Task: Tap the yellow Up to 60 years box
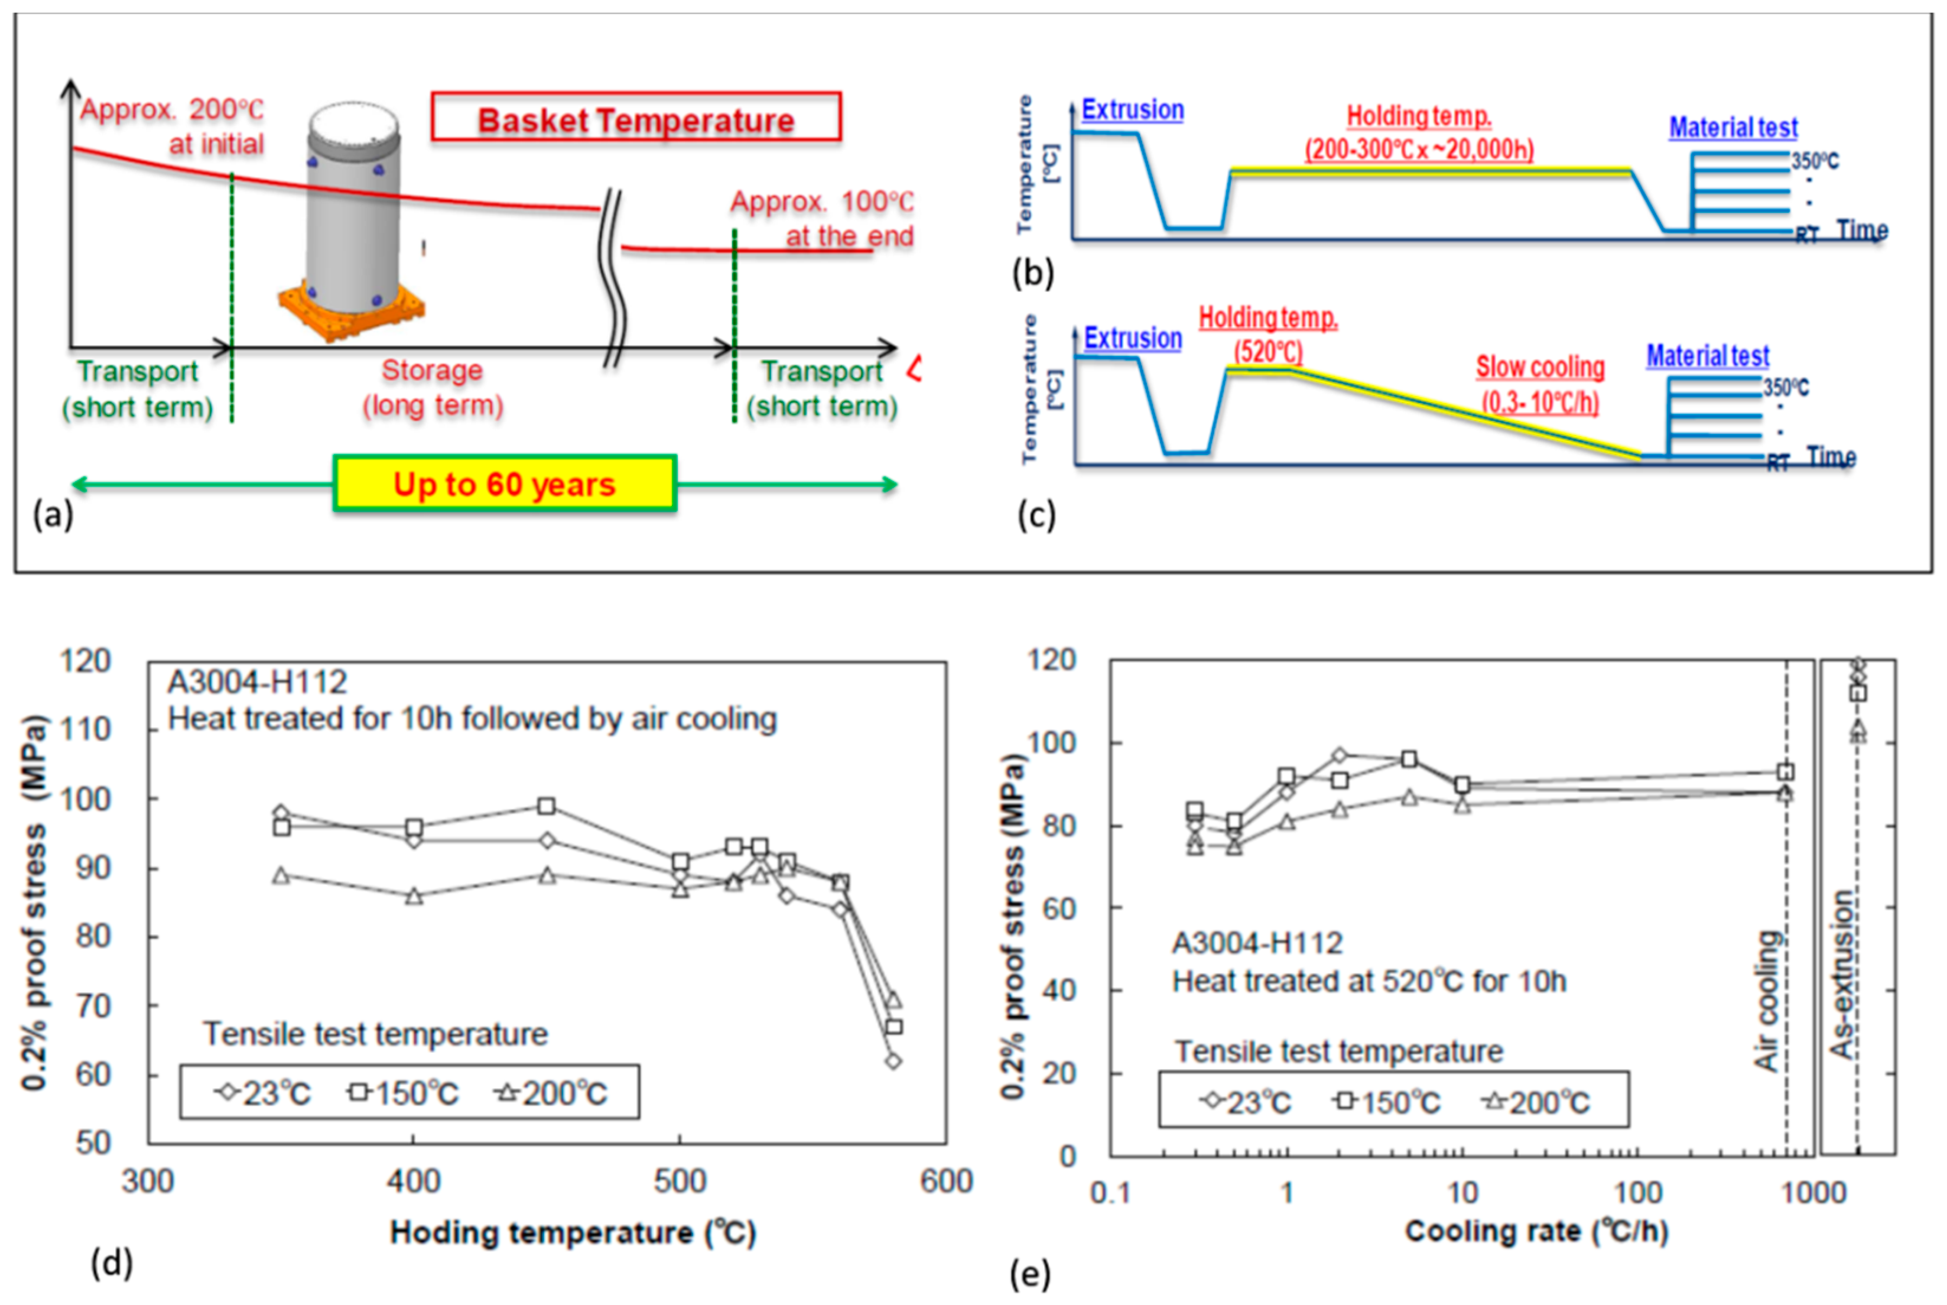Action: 504,483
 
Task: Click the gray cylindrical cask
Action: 353,208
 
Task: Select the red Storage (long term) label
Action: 433,388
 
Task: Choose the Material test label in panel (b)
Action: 1733,127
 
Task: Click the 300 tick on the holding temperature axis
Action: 148,1182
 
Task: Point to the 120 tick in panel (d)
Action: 85,661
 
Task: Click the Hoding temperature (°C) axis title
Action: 573,1232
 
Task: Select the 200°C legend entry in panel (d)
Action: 552,1093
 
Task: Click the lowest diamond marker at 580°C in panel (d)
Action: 893,1061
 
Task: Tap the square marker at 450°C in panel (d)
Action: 547,807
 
